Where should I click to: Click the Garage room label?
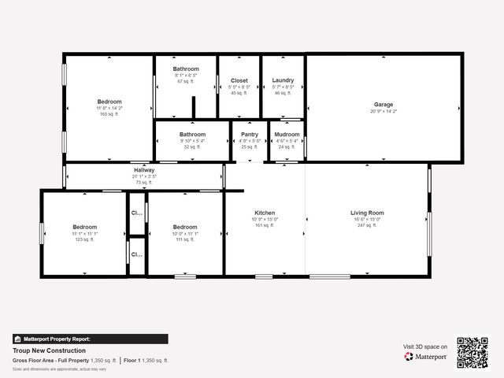384,104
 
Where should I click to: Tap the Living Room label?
367,213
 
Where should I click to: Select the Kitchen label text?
265,213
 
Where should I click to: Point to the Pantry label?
250,134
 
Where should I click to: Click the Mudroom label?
287,134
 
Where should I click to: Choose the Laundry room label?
283,80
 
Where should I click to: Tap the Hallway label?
144,170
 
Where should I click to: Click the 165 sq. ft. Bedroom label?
109,102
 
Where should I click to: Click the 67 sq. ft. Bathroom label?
186,69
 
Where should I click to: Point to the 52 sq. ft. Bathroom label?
192,134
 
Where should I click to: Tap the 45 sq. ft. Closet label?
239,80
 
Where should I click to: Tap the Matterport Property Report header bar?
90,339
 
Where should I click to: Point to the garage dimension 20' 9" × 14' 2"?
384,111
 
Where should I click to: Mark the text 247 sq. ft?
367,225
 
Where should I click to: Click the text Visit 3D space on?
425,346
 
